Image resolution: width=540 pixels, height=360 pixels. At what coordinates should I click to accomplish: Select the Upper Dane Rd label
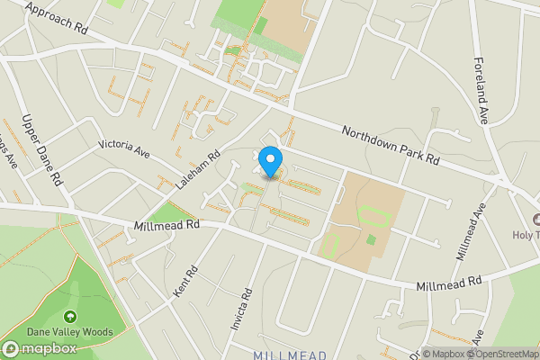pyautogui.click(x=42, y=149)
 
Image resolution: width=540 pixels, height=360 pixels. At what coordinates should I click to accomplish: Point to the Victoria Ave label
pyautogui.click(x=123, y=148)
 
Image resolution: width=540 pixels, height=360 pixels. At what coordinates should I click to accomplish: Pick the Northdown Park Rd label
pyautogui.click(x=390, y=145)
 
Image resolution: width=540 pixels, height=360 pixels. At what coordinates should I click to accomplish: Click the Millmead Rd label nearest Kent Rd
pyautogui.click(x=166, y=225)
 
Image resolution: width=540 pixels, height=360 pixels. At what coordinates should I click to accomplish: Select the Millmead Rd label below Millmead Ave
pyautogui.click(x=449, y=284)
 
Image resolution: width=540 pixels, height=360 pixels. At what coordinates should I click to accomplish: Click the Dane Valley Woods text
pyautogui.click(x=70, y=332)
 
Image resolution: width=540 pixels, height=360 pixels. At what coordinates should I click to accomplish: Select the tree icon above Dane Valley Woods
pyautogui.click(x=70, y=317)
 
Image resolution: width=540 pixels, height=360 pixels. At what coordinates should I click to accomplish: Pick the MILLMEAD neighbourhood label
pyautogui.click(x=290, y=355)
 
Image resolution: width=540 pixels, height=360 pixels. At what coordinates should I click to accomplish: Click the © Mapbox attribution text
pyautogui.click(x=443, y=354)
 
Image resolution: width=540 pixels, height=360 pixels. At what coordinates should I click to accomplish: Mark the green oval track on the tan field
pyautogui.click(x=373, y=216)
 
